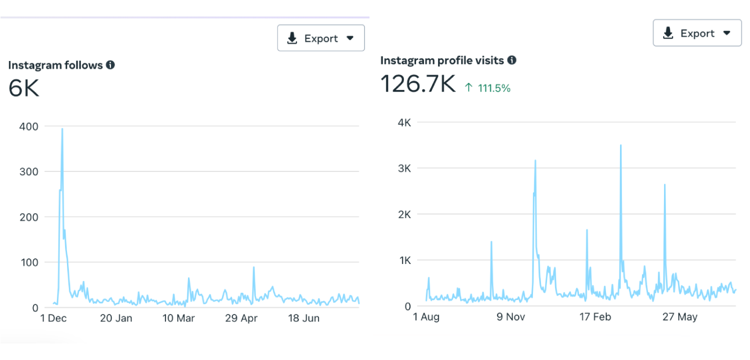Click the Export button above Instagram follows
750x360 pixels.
(x=320, y=38)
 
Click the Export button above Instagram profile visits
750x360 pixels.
(x=697, y=33)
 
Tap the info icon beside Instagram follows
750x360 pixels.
(x=110, y=65)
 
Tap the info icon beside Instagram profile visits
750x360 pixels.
(x=511, y=60)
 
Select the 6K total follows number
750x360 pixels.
(x=23, y=88)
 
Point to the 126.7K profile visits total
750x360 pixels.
(x=418, y=83)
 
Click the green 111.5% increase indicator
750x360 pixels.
(x=487, y=88)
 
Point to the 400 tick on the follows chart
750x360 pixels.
(x=28, y=126)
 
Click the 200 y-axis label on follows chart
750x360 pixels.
(x=28, y=217)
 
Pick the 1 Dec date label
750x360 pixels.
(x=52, y=318)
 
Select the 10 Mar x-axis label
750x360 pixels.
(x=178, y=318)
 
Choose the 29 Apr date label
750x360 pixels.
(x=241, y=318)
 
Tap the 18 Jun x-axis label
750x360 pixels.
(x=304, y=318)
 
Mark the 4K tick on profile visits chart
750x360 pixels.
(x=403, y=122)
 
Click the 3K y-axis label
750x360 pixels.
(x=403, y=168)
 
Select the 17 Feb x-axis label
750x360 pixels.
(x=595, y=317)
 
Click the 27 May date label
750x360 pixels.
(x=679, y=317)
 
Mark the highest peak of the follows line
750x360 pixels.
(x=62, y=129)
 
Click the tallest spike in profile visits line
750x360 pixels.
(x=620, y=145)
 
